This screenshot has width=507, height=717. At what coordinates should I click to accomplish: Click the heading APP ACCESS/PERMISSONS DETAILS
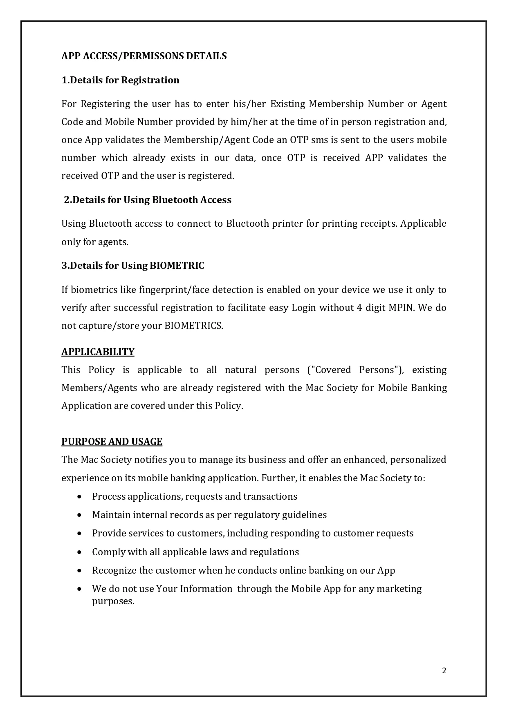tap(144, 56)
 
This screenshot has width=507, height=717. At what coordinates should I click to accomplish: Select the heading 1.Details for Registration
tap(120, 80)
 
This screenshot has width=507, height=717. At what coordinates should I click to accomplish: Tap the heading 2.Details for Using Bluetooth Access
tap(148, 200)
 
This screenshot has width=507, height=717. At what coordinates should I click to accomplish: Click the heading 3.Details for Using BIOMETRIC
tap(132, 266)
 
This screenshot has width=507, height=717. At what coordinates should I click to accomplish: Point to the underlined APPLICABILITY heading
tap(98, 352)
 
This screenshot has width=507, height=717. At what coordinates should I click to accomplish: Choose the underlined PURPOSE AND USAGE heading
tap(112, 442)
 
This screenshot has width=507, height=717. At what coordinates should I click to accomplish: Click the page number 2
tap(444, 670)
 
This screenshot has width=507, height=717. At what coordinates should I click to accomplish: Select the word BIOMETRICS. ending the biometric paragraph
tap(193, 326)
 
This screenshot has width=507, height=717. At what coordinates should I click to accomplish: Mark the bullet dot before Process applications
tap(79, 497)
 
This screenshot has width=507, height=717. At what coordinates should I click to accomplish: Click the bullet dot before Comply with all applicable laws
tap(79, 552)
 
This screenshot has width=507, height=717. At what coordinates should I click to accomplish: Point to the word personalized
tap(418, 460)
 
